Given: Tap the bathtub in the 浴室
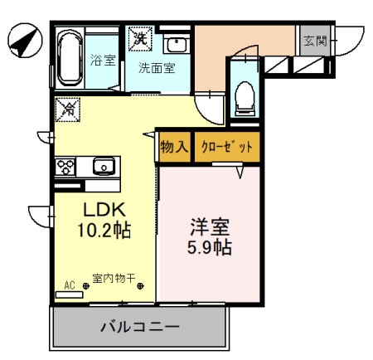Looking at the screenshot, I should point(70,57).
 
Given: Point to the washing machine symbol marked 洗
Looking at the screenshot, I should point(141,37).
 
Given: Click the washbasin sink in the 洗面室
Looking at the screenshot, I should point(177,45).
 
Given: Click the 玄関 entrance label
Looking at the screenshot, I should point(315,41).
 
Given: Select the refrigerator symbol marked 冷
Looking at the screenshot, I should point(69,109).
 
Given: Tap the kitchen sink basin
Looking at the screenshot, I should point(104,165).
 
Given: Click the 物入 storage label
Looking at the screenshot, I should point(174,147).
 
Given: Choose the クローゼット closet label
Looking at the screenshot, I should point(226,147).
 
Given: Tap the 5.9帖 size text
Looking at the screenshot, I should point(210,246).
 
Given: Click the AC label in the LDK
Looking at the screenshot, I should point(70,285).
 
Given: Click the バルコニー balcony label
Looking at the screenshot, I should point(139,327).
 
